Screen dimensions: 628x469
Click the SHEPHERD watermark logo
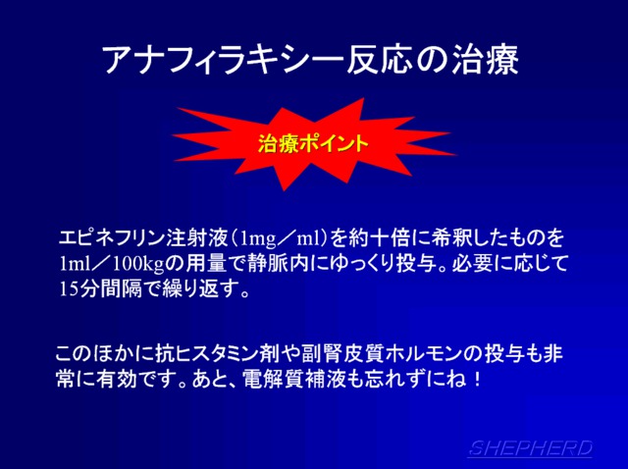(x=530, y=448)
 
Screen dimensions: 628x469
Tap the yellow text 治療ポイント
(x=313, y=143)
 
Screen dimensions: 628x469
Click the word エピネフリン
(x=112, y=237)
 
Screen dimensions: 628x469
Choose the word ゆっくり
(x=358, y=264)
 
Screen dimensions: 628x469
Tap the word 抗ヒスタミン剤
(x=220, y=353)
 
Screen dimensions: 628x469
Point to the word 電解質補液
(x=294, y=379)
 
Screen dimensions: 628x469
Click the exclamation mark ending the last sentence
(x=477, y=379)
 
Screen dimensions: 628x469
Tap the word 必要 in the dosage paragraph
(x=473, y=264)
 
